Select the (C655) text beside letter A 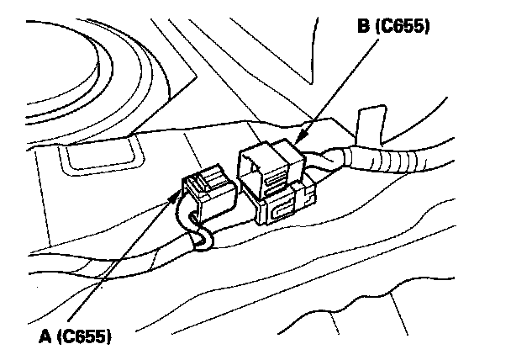tap(85, 336)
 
